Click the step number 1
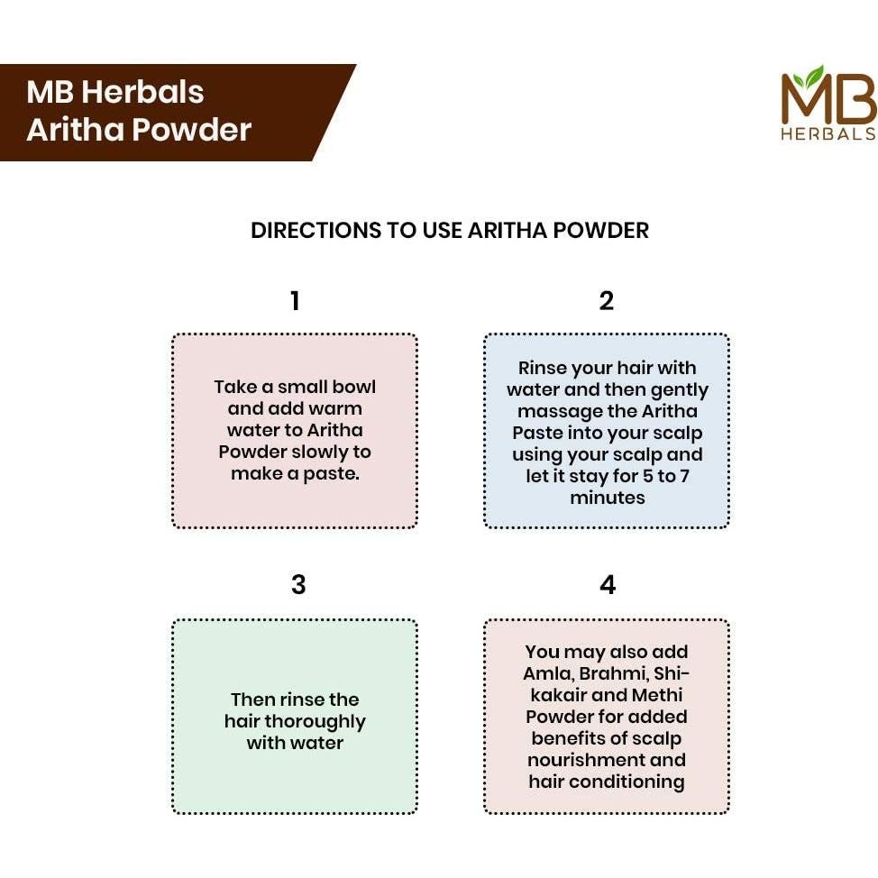[x=295, y=301]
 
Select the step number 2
[x=607, y=301]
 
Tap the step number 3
[x=298, y=585]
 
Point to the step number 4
[x=608, y=585]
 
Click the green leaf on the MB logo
[x=814, y=76]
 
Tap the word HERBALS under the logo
[x=828, y=133]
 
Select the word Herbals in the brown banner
[x=146, y=92]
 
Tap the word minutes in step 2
[x=607, y=498]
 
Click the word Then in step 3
[x=252, y=700]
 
